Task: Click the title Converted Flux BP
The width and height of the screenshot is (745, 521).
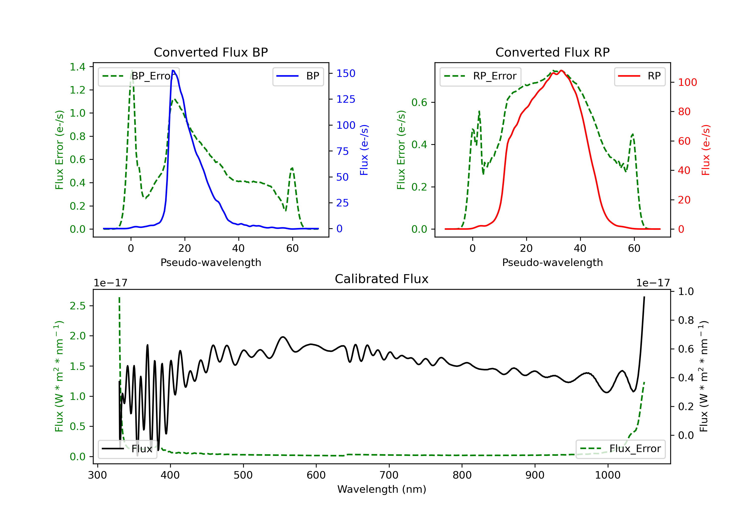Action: pyautogui.click(x=211, y=52)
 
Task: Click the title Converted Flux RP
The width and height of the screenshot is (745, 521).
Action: pyautogui.click(x=552, y=52)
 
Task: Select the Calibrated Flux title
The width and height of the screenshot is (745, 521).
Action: pyautogui.click(x=382, y=279)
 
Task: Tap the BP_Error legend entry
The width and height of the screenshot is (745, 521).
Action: pyautogui.click(x=139, y=76)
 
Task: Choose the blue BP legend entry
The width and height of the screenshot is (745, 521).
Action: pyautogui.click(x=298, y=76)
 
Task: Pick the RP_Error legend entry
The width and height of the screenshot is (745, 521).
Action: pyautogui.click(x=480, y=76)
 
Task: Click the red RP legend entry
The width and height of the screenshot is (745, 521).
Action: pyautogui.click(x=639, y=76)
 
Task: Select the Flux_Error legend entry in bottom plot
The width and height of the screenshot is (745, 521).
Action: pyautogui.click(x=620, y=449)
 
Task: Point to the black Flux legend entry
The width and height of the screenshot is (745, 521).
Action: pyautogui.click(x=128, y=449)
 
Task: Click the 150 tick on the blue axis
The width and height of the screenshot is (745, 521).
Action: pyautogui.click(x=346, y=74)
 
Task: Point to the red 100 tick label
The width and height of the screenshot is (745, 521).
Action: pyautogui.click(x=687, y=82)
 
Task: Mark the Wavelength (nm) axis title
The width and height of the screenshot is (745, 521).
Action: pyautogui.click(x=382, y=489)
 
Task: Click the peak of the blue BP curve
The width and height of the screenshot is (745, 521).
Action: pyautogui.click(x=173, y=70)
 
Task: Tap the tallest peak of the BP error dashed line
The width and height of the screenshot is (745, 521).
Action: pyautogui.click(x=132, y=70)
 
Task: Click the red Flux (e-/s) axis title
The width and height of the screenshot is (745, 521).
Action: pyautogui.click(x=706, y=150)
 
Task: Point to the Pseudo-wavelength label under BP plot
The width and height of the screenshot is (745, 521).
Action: pyautogui.click(x=211, y=262)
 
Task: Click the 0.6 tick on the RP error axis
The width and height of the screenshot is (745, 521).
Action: pyautogui.click(x=419, y=102)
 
